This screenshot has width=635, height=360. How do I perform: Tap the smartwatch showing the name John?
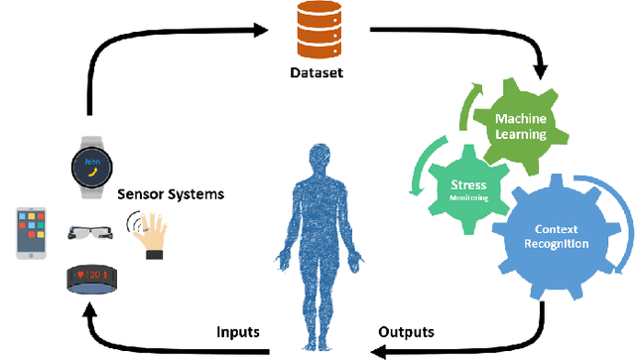(x=92, y=162)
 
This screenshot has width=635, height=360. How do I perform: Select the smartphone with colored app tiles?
(x=32, y=233)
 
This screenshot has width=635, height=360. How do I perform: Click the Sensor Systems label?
(x=170, y=194)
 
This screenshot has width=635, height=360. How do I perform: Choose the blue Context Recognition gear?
(x=556, y=236)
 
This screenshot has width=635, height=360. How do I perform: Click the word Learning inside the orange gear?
(x=522, y=133)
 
